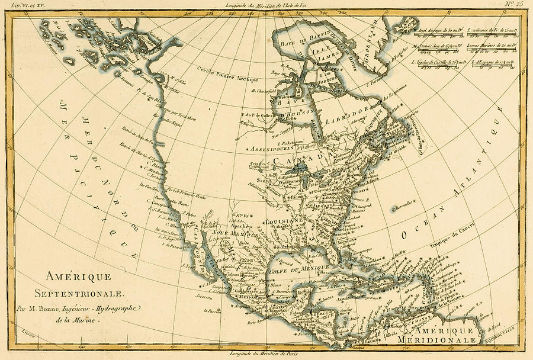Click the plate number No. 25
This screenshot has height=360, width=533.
513,5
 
